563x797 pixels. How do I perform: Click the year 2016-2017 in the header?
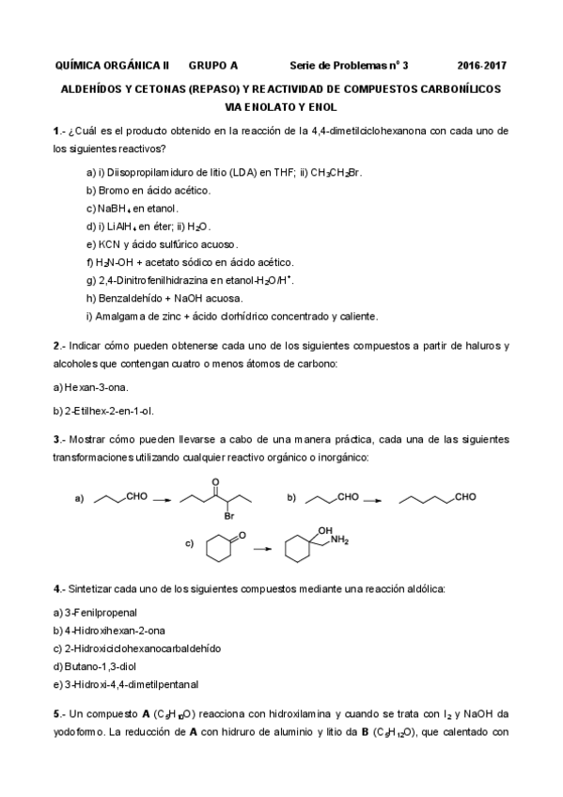(482, 66)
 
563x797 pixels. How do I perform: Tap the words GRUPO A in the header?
(213, 66)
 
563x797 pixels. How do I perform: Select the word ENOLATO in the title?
(255, 105)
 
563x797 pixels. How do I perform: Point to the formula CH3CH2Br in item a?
(336, 173)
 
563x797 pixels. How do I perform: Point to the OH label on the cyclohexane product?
(325, 529)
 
